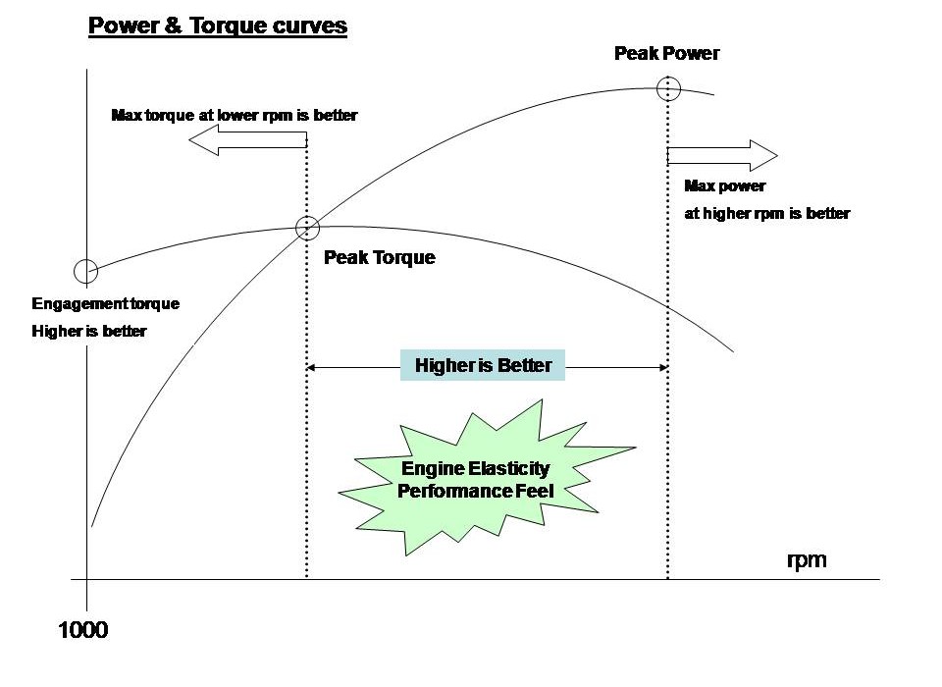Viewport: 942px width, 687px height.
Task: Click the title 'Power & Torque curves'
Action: pos(218,26)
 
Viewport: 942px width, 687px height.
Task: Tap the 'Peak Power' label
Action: pos(666,53)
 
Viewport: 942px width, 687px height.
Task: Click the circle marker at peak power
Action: pos(668,88)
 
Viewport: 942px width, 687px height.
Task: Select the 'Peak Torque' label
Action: pos(379,258)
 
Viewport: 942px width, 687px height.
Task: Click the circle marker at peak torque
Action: pos(307,228)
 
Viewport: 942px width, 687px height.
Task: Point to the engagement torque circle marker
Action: pos(85,270)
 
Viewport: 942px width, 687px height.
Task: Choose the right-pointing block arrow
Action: pos(722,154)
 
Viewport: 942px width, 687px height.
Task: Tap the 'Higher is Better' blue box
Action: pos(482,366)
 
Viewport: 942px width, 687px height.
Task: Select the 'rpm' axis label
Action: pos(807,560)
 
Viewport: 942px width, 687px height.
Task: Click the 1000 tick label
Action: pos(83,630)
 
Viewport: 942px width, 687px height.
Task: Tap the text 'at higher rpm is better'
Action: pos(766,213)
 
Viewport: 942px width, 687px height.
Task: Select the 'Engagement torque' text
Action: pos(106,303)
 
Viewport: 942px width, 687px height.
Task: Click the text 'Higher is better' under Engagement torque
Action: pos(88,331)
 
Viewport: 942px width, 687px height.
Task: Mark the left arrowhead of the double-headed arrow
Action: pos(313,367)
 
